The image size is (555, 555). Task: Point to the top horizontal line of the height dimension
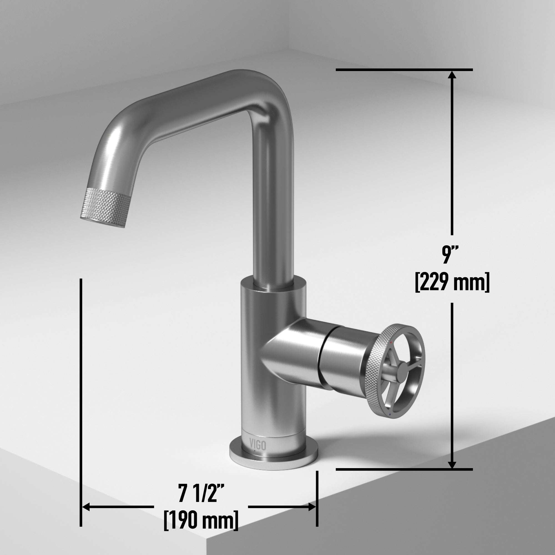pos(402,70)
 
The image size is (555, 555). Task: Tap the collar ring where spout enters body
pos(273,287)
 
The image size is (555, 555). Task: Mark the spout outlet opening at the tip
pos(102,223)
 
